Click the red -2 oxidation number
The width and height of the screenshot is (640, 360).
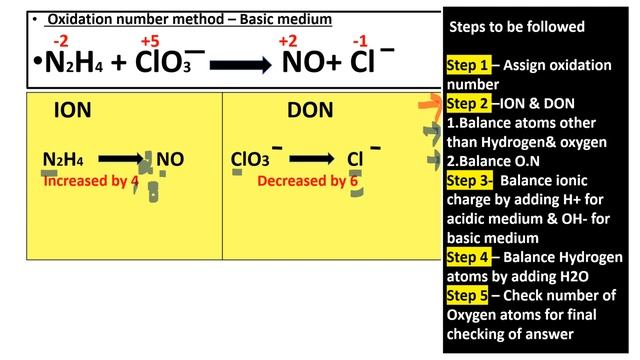point(61,41)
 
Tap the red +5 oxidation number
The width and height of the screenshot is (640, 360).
point(150,41)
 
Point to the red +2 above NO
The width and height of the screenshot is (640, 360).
point(288,41)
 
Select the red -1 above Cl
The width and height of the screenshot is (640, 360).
point(360,41)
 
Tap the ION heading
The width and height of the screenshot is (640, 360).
point(73,112)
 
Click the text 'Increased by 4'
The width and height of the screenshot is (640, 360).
point(90,181)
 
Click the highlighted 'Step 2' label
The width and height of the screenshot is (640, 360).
point(468,103)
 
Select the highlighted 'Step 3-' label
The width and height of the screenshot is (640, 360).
point(470,180)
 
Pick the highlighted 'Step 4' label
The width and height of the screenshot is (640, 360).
point(468,257)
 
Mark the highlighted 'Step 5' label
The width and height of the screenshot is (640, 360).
point(468,294)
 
